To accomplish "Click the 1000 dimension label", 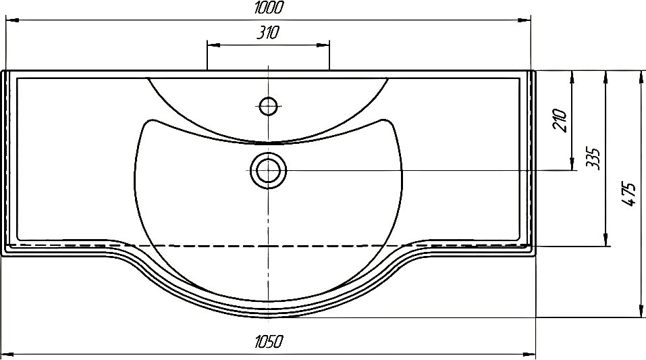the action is click(x=269, y=8).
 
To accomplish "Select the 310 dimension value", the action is click(x=268, y=32).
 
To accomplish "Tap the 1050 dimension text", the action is click(x=269, y=342).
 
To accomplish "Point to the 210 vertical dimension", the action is click(x=560, y=120).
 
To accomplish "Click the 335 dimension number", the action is click(x=593, y=158).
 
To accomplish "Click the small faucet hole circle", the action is click(x=268, y=106).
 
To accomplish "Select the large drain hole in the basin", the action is click(x=268, y=170).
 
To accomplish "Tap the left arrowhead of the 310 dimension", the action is click(x=213, y=45).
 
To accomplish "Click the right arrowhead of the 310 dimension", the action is click(x=323, y=45).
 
